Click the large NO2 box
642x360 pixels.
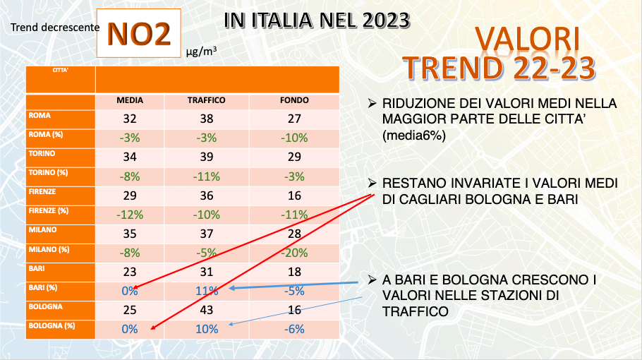pos(140,34)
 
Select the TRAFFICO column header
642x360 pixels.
pos(206,100)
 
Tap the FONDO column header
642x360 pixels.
pos(293,100)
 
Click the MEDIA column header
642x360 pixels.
pos(130,100)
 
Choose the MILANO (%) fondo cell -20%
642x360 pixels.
pos(293,252)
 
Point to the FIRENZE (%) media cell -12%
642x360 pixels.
pos(130,215)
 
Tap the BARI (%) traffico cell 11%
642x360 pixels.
pos(206,291)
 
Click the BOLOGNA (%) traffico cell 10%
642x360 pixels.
pos(206,329)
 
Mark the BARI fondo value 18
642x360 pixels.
pos(293,272)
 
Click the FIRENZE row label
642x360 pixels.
pos(43,191)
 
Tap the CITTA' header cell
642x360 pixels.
pos(61,70)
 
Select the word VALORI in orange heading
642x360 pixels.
pos(527,38)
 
